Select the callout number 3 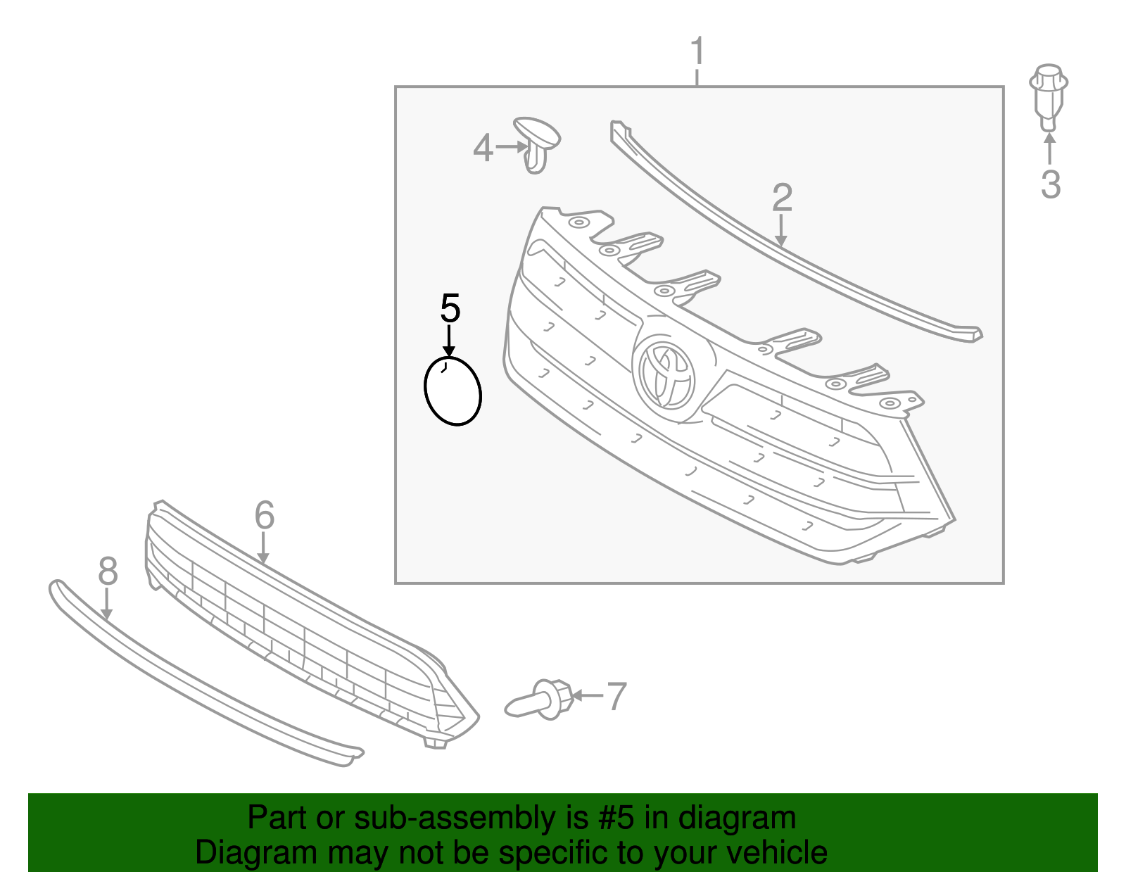[x=1050, y=184]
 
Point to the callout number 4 [x=483, y=148]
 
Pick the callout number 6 [x=264, y=516]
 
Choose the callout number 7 [x=616, y=696]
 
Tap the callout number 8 [x=108, y=571]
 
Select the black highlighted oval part [x=453, y=391]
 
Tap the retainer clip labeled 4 [x=536, y=144]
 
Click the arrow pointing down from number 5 [x=449, y=341]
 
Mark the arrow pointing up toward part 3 [x=1049, y=148]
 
